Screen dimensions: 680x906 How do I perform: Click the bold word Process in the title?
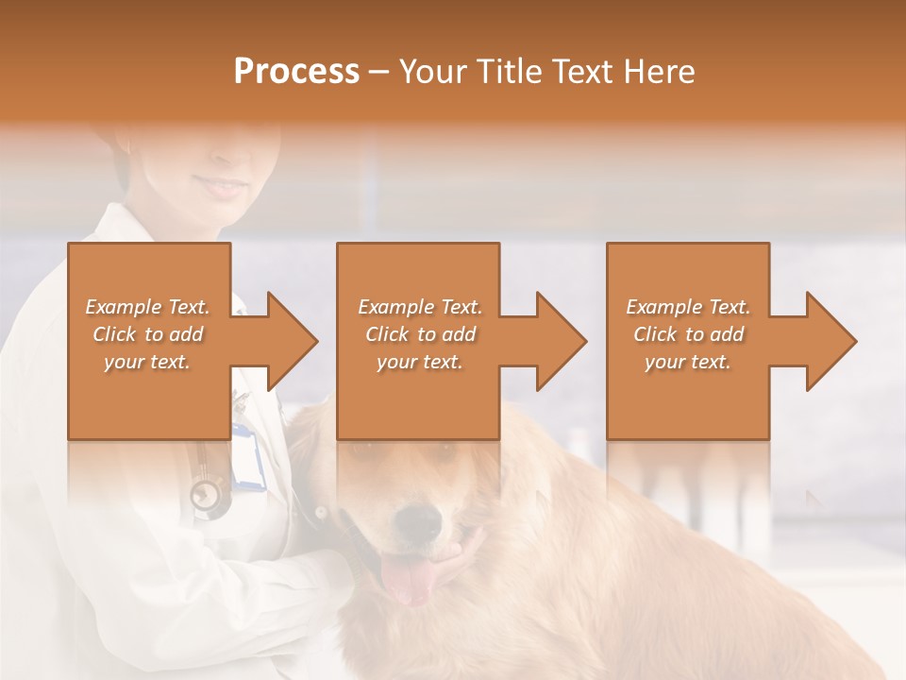tap(296, 72)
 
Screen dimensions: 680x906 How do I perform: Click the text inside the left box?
tap(148, 334)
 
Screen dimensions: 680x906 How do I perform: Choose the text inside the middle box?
tap(420, 334)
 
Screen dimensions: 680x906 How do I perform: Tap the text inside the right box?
tap(688, 334)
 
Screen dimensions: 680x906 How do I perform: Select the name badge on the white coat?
tap(248, 459)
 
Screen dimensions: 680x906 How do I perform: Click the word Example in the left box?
tap(124, 307)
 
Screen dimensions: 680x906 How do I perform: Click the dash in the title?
tap(379, 72)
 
